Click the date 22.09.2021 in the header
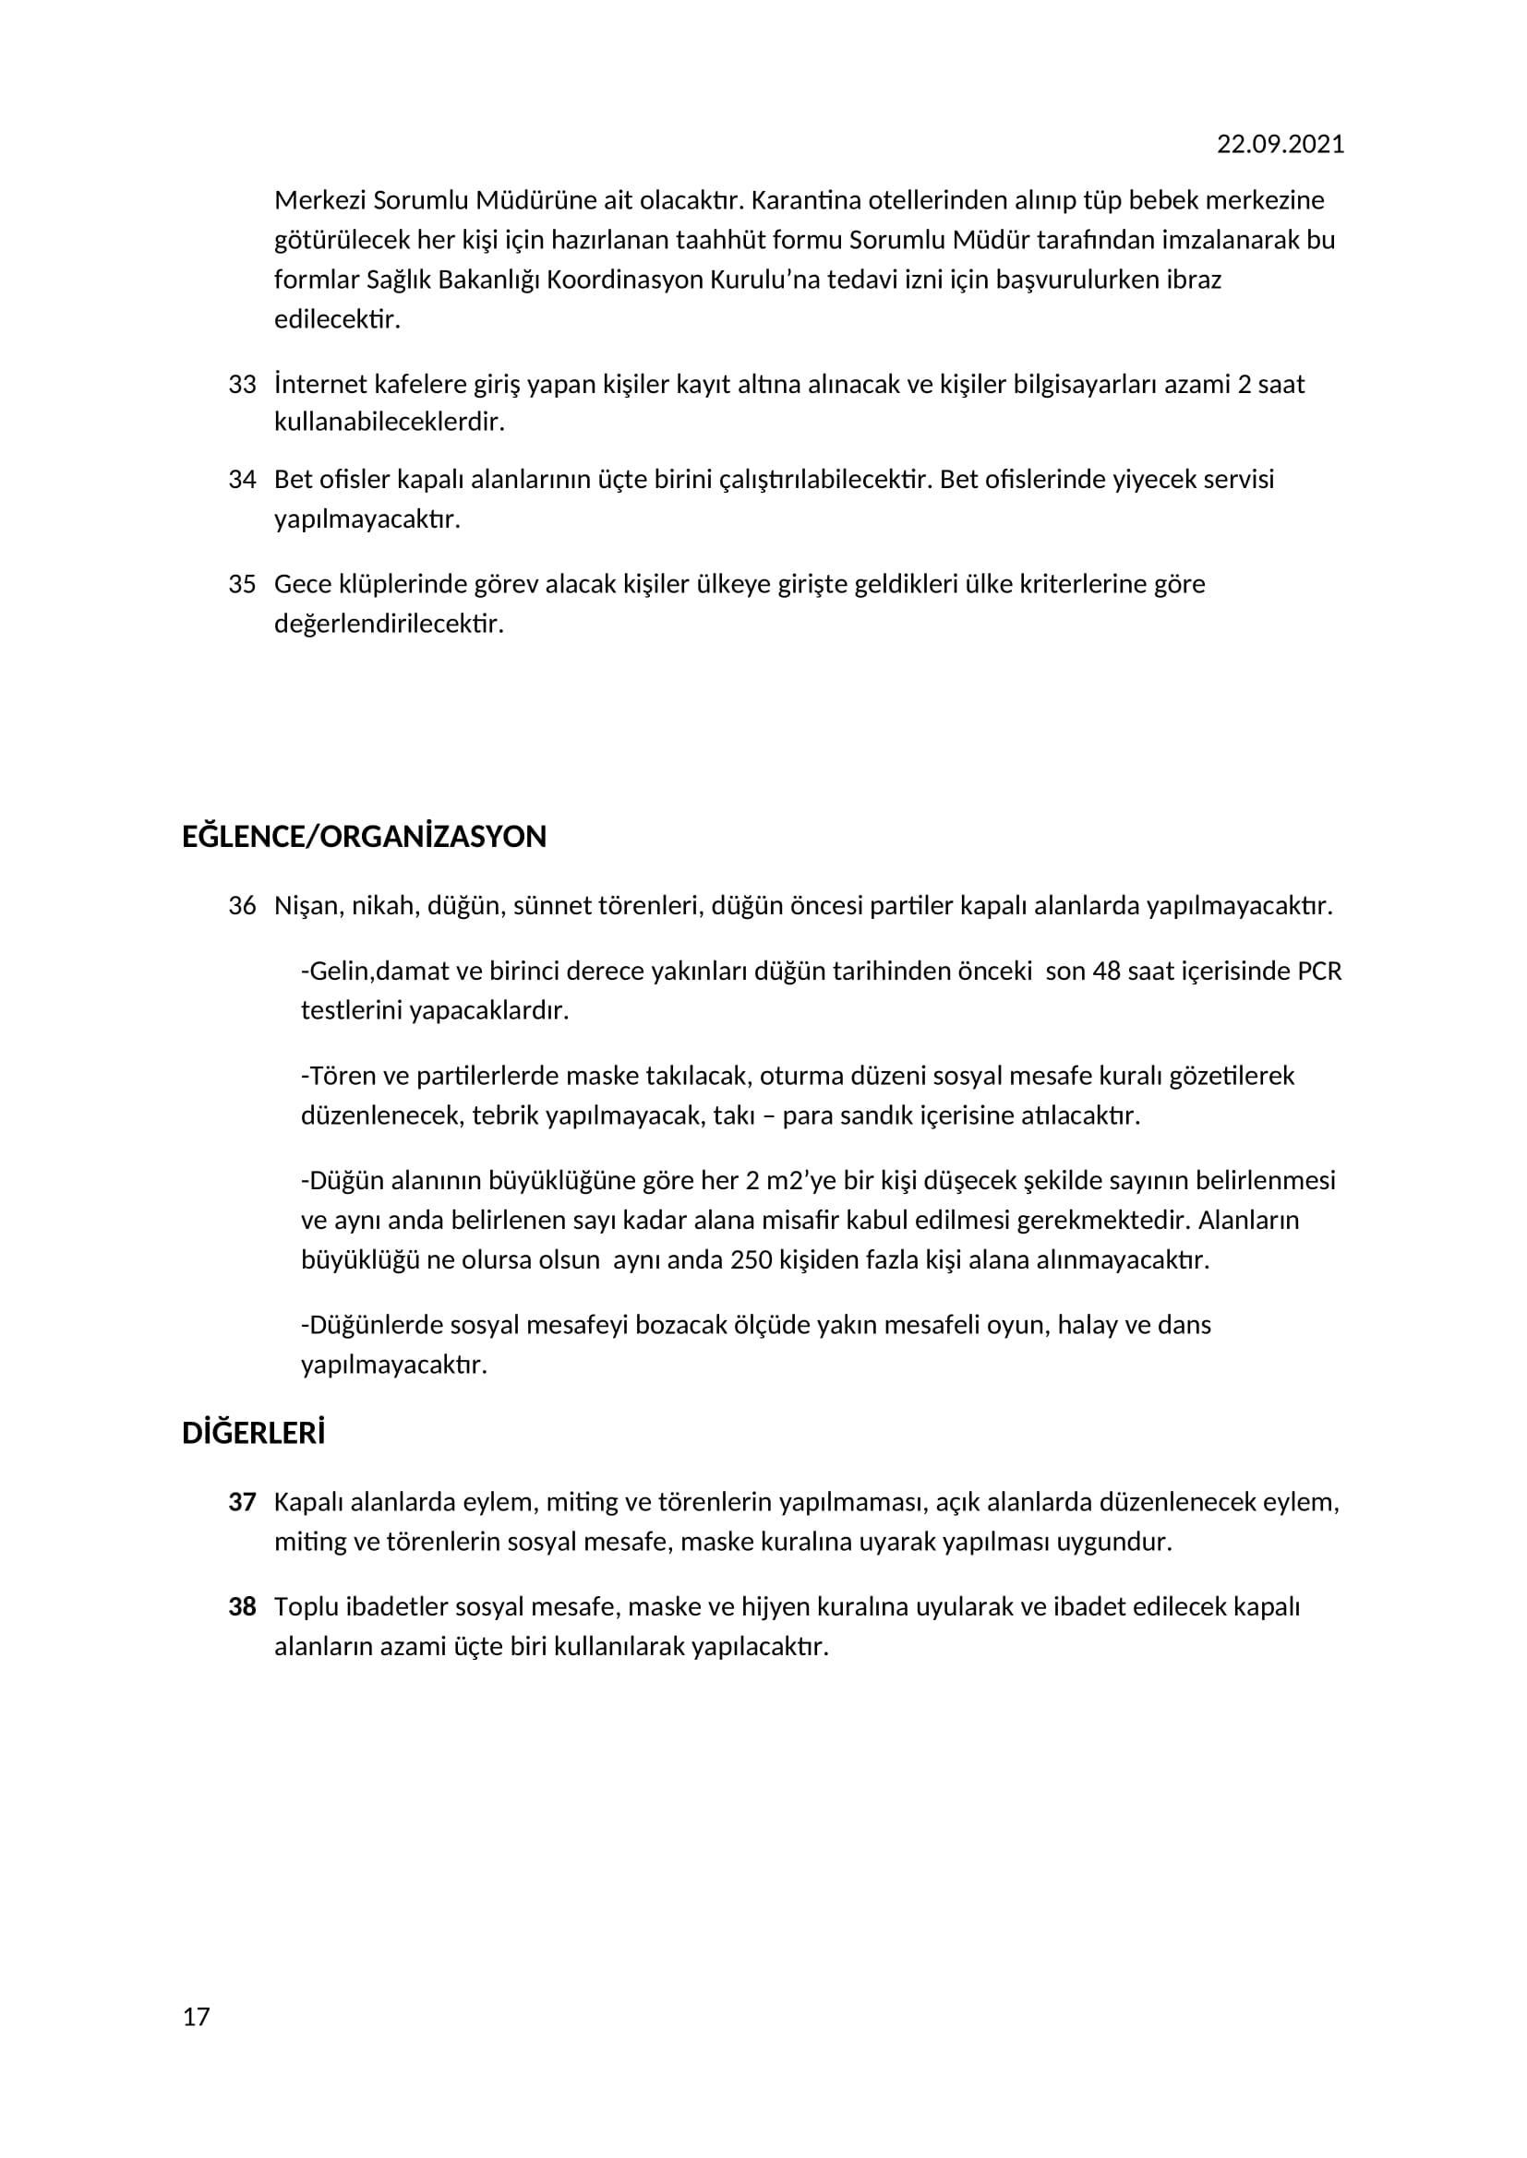pos(1280,144)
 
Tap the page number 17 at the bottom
pos(196,2017)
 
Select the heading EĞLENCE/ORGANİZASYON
pos(364,837)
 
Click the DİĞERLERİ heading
pos(253,1434)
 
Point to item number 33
pos(242,385)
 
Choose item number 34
pos(242,480)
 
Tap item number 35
pos(242,584)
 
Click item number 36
pos(242,906)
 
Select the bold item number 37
pos(242,1502)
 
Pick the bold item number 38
pos(242,1606)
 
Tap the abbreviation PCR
pos(1319,971)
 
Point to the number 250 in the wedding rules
pos(751,1259)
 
